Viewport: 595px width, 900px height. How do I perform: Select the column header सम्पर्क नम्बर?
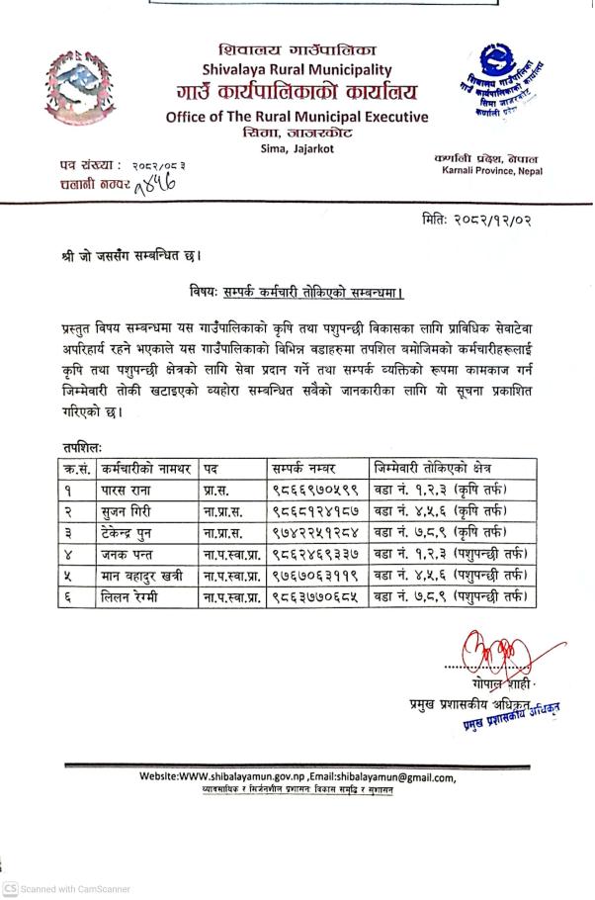pyautogui.click(x=304, y=467)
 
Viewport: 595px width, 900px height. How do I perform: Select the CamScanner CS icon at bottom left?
pyautogui.click(x=11, y=888)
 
